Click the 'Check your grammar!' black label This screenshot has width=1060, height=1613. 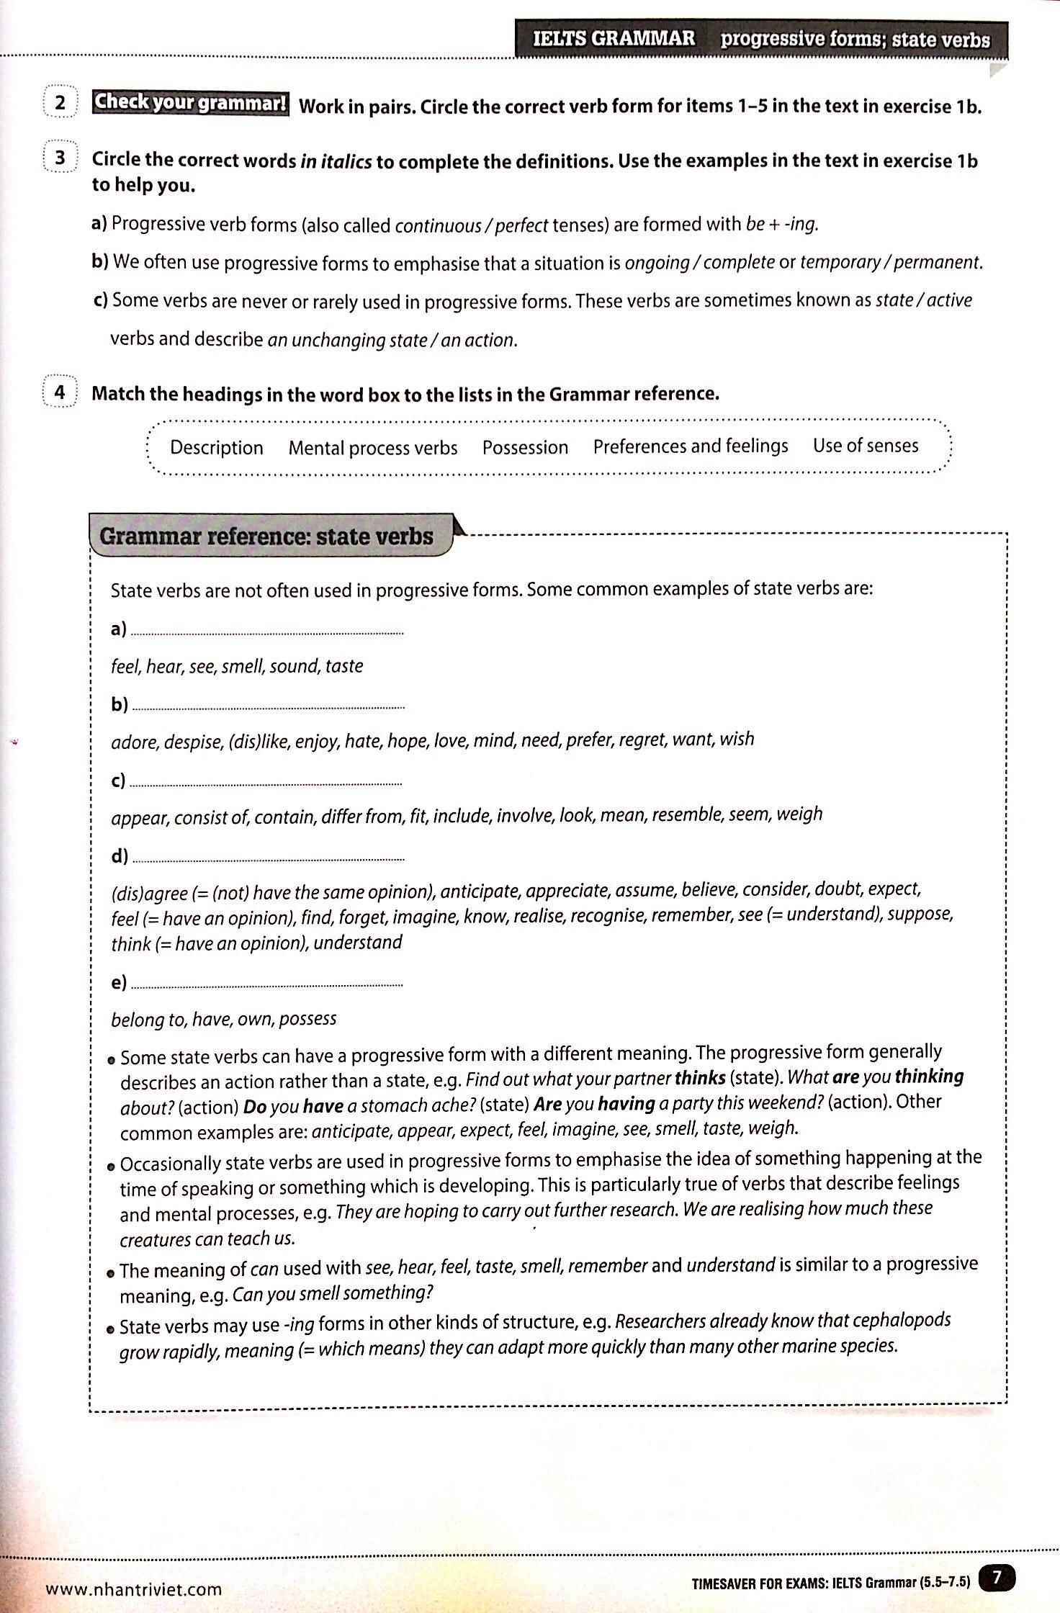point(190,102)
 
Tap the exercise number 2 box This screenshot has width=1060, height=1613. point(60,102)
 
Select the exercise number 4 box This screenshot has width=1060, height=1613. point(60,392)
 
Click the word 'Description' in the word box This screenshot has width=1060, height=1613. point(216,448)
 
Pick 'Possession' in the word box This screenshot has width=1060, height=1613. point(525,447)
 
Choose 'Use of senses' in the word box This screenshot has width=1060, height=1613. point(866,445)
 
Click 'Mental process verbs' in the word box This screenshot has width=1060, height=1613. point(373,448)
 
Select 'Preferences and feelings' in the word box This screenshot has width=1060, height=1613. point(691,446)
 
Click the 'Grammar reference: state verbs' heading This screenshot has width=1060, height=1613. point(266,536)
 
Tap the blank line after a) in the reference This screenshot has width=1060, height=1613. point(268,632)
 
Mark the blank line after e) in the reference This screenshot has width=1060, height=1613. point(268,984)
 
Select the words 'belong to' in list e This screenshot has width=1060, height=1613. point(138,1019)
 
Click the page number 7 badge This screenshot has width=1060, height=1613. point(997,1578)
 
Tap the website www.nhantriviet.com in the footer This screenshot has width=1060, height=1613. point(134,1589)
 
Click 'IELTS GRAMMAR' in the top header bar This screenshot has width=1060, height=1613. point(614,38)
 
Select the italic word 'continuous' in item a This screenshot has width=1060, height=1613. point(438,225)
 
